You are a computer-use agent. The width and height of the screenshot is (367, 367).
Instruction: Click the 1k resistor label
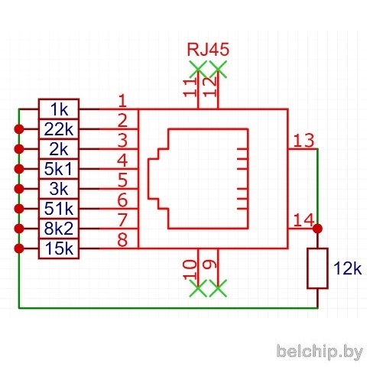pyautogui.click(x=59, y=109)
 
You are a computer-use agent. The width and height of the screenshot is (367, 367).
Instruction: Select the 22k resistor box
pyautogui.click(x=59, y=129)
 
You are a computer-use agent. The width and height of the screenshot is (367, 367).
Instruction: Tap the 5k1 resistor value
pyautogui.click(x=58, y=169)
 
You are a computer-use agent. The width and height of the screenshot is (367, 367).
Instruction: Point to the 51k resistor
pyautogui.click(x=59, y=209)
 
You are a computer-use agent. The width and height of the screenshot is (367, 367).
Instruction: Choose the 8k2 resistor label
pyautogui.click(x=58, y=229)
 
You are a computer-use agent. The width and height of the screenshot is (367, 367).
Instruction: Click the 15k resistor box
pyautogui.click(x=59, y=248)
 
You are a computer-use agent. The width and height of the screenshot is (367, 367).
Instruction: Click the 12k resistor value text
pyautogui.click(x=348, y=268)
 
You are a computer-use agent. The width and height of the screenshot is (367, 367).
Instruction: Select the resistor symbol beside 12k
pyautogui.click(x=317, y=268)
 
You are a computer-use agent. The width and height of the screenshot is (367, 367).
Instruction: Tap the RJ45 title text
pyautogui.click(x=208, y=49)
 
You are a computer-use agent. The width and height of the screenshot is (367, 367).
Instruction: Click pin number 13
pyautogui.click(x=304, y=141)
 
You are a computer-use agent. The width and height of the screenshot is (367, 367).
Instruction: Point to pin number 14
pyautogui.click(x=304, y=220)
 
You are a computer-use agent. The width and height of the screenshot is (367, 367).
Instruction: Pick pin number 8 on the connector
pyautogui.click(x=122, y=240)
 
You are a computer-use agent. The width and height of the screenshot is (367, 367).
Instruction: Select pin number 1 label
pyautogui.click(x=123, y=101)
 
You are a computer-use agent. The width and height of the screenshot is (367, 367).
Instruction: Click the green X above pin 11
pyautogui.click(x=198, y=69)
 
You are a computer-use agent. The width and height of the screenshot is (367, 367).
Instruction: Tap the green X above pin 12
pyautogui.click(x=218, y=69)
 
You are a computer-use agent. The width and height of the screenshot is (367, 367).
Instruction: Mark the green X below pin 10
pyautogui.click(x=198, y=288)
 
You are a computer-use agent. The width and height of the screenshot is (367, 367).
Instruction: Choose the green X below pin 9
pyautogui.click(x=218, y=288)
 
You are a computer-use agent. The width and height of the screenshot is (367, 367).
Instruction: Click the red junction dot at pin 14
pyautogui.click(x=317, y=229)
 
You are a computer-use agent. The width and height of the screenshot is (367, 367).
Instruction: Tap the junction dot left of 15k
pyautogui.click(x=19, y=248)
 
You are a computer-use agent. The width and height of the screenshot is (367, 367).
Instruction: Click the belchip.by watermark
pyautogui.click(x=320, y=352)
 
